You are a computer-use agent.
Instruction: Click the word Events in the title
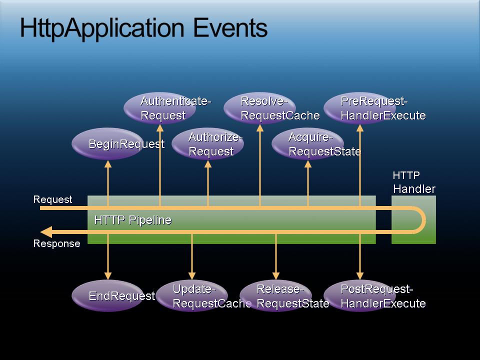tap(230, 28)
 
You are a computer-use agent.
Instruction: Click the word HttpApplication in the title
tap(102, 29)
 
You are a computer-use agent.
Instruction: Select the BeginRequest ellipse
tap(108, 143)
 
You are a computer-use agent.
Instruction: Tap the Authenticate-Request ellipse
tap(160, 108)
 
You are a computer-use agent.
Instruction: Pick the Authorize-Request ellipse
tap(208, 144)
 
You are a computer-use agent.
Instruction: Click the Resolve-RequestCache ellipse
tap(260, 108)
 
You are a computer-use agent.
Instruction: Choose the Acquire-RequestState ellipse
tap(308, 144)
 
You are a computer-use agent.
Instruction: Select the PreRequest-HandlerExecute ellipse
tap(360, 108)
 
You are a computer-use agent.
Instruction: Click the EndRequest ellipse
tap(108, 295)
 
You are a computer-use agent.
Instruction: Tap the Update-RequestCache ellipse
tap(192, 295)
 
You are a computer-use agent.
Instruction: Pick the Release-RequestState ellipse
tap(276, 295)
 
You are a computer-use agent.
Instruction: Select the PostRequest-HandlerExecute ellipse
tap(360, 295)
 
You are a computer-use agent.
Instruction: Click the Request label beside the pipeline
tap(52, 199)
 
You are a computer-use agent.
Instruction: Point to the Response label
tap(56, 243)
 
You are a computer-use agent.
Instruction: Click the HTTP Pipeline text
tap(133, 220)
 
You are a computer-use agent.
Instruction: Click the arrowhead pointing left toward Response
tap(46, 231)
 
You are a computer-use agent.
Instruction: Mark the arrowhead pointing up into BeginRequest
tap(108, 164)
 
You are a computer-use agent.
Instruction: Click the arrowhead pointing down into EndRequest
tap(108, 275)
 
